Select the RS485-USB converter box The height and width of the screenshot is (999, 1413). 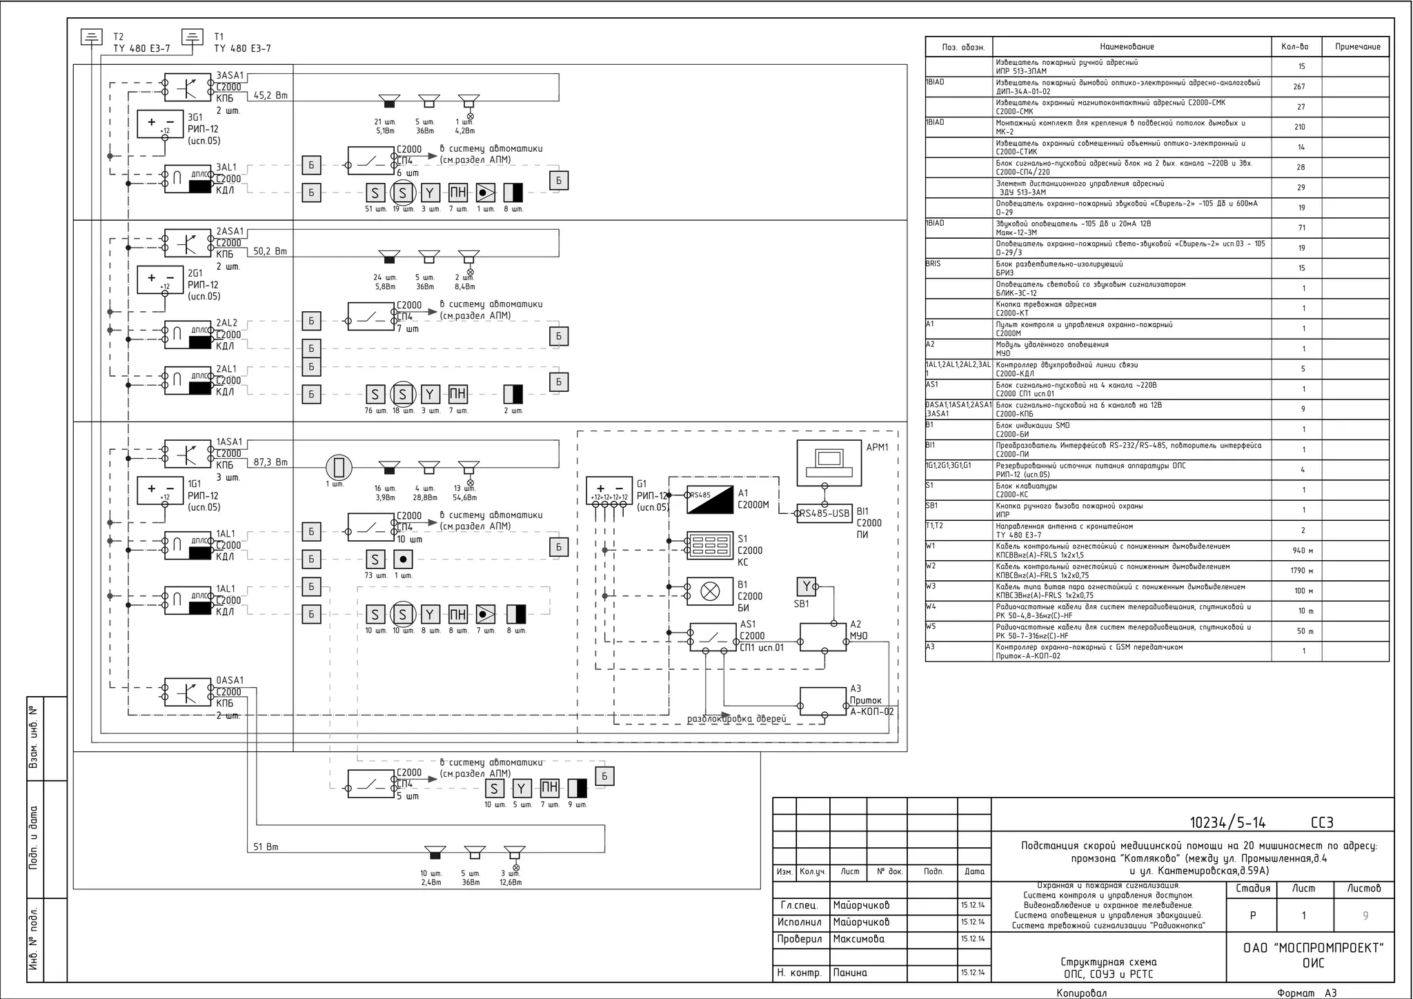(824, 513)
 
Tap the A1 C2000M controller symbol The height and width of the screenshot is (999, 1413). (710, 499)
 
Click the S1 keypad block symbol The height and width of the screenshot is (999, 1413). (710, 545)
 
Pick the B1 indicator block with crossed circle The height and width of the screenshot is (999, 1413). (710, 591)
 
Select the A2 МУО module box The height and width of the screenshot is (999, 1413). (823, 637)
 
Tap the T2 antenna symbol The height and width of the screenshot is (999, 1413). (92, 37)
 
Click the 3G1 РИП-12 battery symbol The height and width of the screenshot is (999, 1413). (160, 124)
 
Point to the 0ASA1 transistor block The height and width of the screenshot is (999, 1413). (188, 692)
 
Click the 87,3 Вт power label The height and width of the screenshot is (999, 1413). (270, 462)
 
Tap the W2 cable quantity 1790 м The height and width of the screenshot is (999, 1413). (1302, 571)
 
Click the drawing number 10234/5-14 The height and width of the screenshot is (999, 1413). (1227, 822)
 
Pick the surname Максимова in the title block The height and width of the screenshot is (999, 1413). (858, 939)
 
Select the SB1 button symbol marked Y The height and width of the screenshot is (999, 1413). (806, 586)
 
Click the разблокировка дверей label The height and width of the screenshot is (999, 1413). (736, 719)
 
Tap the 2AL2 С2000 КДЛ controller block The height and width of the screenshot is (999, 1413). (188, 335)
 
